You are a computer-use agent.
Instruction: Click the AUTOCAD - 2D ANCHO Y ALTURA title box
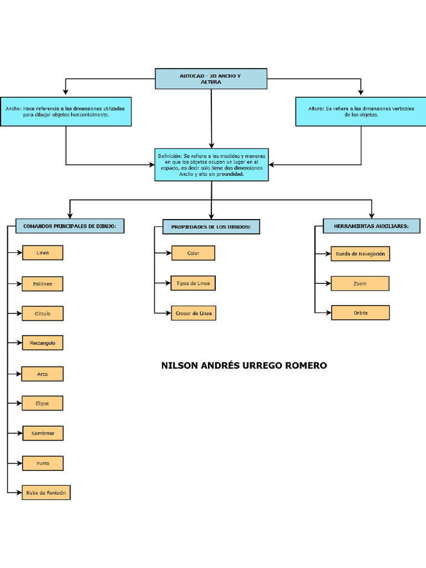pyautogui.click(x=211, y=79)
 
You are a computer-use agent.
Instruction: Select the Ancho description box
pyautogui.click(x=66, y=111)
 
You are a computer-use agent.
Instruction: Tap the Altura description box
pyautogui.click(x=361, y=111)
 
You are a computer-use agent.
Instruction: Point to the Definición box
pyautogui.click(x=211, y=165)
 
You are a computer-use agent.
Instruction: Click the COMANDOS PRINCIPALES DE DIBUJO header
pyautogui.click(x=70, y=226)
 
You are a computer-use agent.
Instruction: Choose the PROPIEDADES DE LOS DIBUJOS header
pyautogui.click(x=211, y=227)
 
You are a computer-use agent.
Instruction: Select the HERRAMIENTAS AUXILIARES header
pyautogui.click(x=371, y=226)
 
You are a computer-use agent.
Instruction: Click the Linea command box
pyautogui.click(x=43, y=253)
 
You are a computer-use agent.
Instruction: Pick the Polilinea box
pyautogui.click(x=43, y=284)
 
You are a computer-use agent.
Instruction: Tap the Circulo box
pyautogui.click(x=43, y=313)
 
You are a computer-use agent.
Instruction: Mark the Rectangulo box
pyautogui.click(x=43, y=343)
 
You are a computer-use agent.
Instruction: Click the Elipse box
pyautogui.click(x=43, y=403)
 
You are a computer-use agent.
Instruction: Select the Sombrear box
pyautogui.click(x=43, y=433)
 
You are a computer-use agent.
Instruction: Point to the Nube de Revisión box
pyautogui.click(x=46, y=493)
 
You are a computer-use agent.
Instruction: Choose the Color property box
pyautogui.click(x=193, y=253)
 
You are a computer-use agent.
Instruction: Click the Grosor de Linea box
pyautogui.click(x=193, y=313)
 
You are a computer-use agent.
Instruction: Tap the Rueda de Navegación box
pyautogui.click(x=360, y=254)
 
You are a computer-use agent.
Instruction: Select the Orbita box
pyautogui.click(x=360, y=313)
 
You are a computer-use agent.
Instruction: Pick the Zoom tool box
pyautogui.click(x=360, y=283)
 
